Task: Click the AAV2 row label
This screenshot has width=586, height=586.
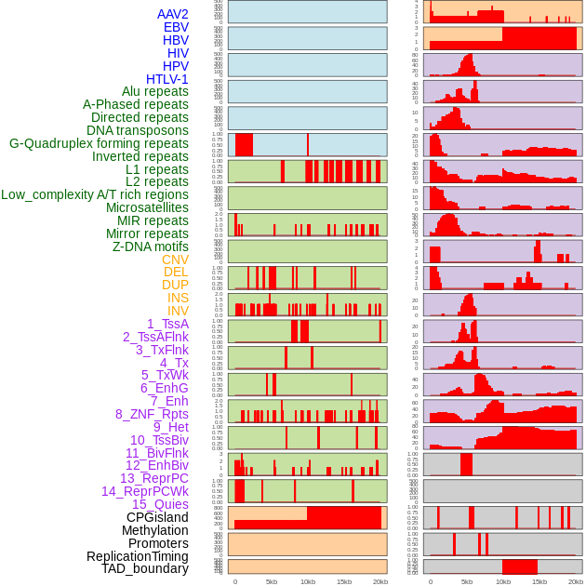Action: tap(172, 14)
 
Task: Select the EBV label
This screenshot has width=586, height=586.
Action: tap(176, 27)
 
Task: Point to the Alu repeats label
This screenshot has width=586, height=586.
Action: tap(154, 91)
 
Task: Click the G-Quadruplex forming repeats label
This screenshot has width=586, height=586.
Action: tap(99, 143)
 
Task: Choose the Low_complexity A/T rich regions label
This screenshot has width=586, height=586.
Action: tap(95, 194)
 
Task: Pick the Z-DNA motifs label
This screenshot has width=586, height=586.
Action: tap(150, 246)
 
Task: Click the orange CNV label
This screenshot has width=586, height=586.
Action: tap(175, 260)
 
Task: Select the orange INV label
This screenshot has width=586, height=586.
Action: tap(178, 311)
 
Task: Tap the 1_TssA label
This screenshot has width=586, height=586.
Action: tap(167, 324)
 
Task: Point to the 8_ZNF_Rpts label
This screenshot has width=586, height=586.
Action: tap(152, 414)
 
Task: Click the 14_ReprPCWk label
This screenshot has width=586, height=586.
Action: tap(145, 491)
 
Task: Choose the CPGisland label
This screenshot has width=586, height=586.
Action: tap(157, 517)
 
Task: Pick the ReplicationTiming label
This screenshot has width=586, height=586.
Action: tap(137, 556)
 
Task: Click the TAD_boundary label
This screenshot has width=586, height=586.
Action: tap(145, 568)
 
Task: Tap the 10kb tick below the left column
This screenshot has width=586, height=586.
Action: tap(307, 581)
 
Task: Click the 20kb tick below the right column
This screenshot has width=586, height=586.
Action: tap(576, 581)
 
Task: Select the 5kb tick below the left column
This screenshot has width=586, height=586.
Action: tap(272, 581)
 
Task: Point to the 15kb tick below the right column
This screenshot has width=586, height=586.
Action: tap(539, 581)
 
